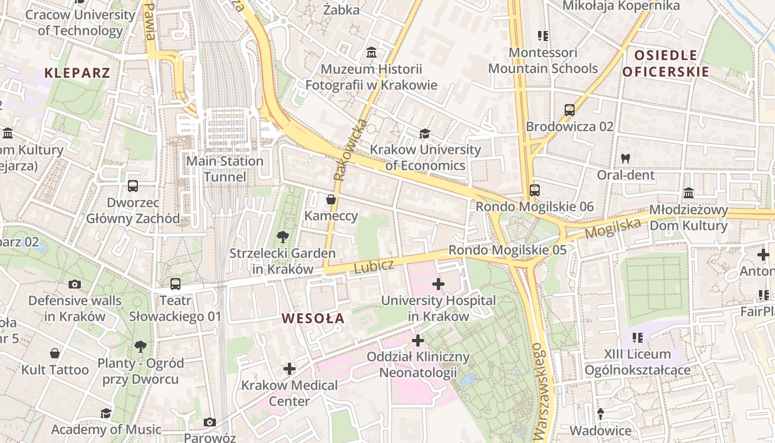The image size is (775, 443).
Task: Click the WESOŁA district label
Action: click(313, 318)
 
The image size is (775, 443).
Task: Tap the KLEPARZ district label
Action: click(77, 73)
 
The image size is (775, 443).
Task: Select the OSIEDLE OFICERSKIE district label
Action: click(665, 63)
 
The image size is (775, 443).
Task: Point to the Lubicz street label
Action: click(374, 266)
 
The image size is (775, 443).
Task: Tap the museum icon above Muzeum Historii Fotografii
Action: click(371, 53)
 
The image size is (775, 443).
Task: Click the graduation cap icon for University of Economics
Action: click(425, 134)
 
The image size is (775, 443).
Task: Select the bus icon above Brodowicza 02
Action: click(570, 110)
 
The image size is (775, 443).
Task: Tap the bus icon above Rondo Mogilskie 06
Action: click(534, 190)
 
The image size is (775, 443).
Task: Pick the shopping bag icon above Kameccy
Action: click(331, 199)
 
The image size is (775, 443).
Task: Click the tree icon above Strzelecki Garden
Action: click(283, 237)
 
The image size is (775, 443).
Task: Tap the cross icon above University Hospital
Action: click(438, 285)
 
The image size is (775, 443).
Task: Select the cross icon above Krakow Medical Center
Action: click(289, 369)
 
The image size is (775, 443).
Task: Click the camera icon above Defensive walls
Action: click(74, 285)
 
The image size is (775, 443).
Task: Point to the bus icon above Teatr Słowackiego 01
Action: click(175, 284)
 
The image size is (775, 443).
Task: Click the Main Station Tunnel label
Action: click(225, 169)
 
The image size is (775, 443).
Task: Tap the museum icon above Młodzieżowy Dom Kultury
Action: click(689, 193)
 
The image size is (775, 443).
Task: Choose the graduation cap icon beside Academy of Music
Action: click(105, 413)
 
